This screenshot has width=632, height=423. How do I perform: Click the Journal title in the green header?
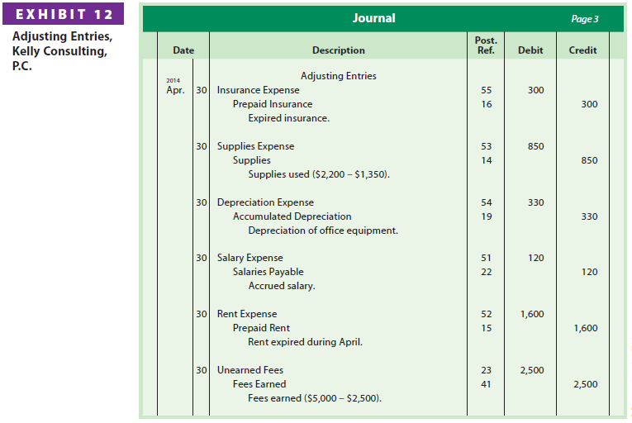point(373,18)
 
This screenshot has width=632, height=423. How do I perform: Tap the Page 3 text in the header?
point(585,19)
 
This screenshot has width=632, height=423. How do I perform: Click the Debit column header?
point(530,50)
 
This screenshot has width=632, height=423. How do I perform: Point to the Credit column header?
point(583,50)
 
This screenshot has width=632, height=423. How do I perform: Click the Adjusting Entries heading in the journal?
point(338,76)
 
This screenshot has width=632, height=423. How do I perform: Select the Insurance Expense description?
point(259,90)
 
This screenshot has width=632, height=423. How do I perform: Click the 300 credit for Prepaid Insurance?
point(589,104)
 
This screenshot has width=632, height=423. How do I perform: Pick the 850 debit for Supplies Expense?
point(535,146)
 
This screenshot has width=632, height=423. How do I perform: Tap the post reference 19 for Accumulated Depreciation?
point(486,216)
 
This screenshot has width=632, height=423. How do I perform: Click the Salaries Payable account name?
point(268,272)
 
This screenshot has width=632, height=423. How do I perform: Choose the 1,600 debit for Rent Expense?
point(532,314)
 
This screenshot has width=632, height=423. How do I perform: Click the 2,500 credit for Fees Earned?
point(585,384)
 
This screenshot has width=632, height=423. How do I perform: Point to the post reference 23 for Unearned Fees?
point(486,370)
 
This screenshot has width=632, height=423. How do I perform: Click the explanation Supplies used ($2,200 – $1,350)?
point(319,174)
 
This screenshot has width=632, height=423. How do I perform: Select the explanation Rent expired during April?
point(305,342)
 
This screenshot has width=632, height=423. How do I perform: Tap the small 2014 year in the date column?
point(173,80)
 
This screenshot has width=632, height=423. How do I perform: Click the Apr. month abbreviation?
point(175,90)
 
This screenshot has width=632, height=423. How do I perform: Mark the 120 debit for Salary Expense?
point(535,258)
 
